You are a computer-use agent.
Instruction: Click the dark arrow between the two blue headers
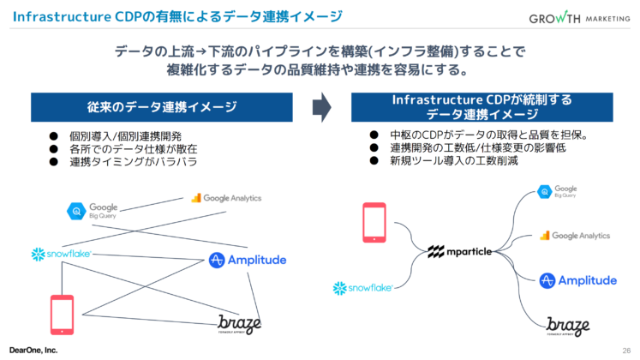coord(320,107)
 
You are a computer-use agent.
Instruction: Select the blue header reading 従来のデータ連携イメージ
coord(161,107)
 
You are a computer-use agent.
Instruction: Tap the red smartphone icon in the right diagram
coord(375,220)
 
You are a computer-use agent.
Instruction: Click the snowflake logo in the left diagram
coord(61,254)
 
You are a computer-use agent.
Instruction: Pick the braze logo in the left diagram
coord(239,323)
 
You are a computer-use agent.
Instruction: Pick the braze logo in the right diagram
coord(568,327)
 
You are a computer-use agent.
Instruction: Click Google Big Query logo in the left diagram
coord(93,209)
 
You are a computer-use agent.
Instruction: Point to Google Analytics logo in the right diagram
coord(575,235)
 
